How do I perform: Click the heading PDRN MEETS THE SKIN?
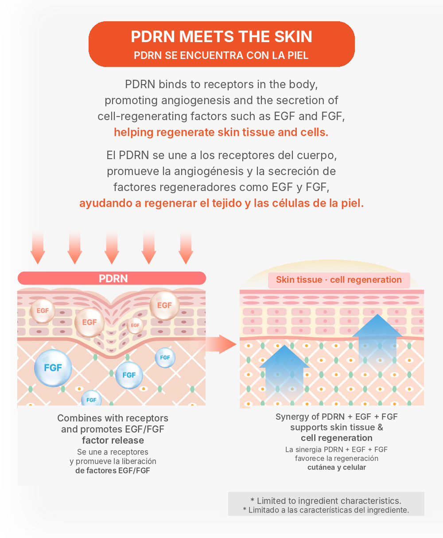221,36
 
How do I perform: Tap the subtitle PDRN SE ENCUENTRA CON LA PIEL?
221,55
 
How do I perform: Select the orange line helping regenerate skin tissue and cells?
221,132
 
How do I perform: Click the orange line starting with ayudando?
221,203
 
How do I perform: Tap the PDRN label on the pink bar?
113,279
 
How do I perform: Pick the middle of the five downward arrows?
112,247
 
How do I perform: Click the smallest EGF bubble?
135,325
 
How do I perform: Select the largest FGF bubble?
53,368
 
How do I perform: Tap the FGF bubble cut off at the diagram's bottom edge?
91,398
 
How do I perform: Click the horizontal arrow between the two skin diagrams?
221,344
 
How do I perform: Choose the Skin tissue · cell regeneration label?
339,280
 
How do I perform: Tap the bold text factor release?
113,441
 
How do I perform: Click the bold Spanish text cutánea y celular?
337,467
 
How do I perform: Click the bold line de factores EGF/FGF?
113,471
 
